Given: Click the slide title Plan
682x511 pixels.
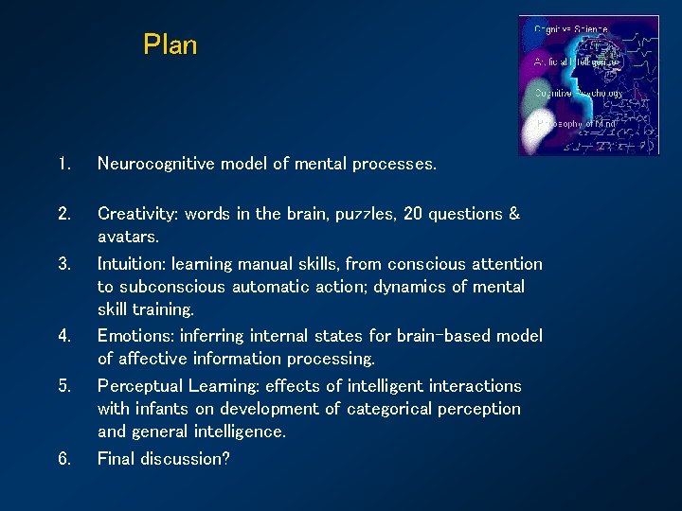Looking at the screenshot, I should click(170, 44).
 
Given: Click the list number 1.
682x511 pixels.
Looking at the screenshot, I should click(63, 165).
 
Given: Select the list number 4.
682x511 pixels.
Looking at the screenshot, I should click(63, 336).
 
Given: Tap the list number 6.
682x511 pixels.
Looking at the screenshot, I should click(63, 459).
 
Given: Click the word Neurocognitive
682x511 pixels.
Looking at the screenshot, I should click(156, 165).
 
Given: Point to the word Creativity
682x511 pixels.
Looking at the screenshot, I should click(137, 214).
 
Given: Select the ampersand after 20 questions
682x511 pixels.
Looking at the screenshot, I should click(513, 214).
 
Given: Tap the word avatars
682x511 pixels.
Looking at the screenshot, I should click(128, 237).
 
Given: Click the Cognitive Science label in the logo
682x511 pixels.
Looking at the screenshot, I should click(571, 29).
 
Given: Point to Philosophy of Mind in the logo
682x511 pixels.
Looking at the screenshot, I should click(577, 123).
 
